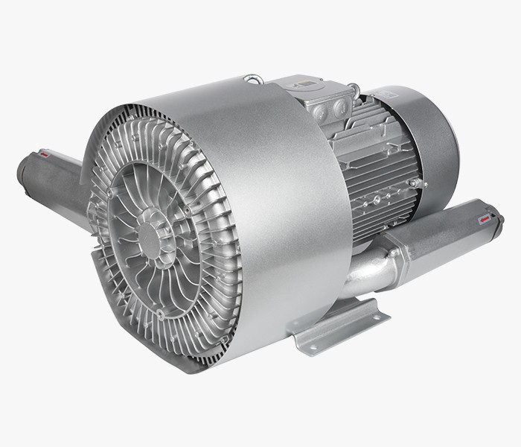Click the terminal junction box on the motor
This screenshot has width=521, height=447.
(327, 101)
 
